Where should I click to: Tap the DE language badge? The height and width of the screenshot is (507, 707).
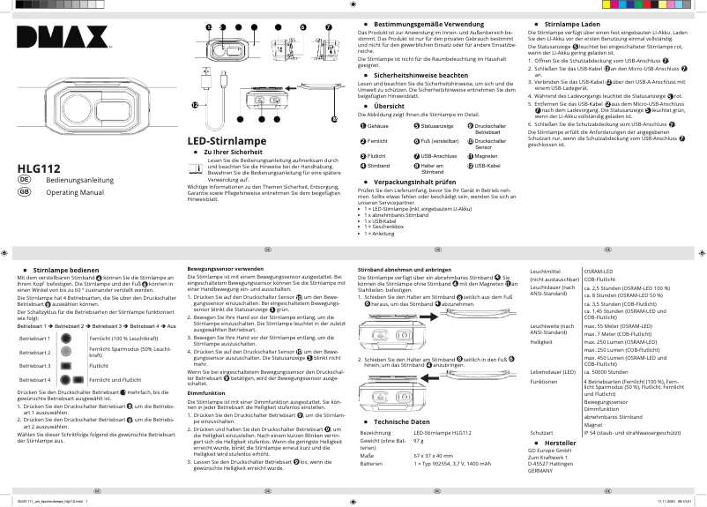pyautogui.click(x=25, y=180)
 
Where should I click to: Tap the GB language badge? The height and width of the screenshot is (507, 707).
pyautogui.click(x=25, y=192)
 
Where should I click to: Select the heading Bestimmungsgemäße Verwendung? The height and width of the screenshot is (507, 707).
pyautogui.click(x=418, y=23)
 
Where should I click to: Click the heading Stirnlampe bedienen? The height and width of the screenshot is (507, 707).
pyautogui.click(x=66, y=268)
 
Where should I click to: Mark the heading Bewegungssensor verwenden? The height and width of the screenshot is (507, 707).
pyautogui.click(x=226, y=268)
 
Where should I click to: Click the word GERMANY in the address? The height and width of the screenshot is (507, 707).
pyautogui.click(x=541, y=472)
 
